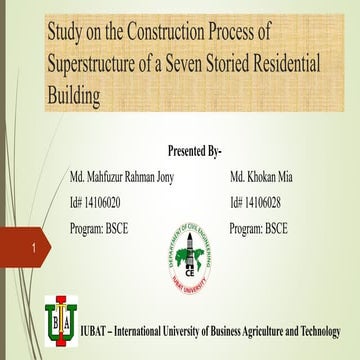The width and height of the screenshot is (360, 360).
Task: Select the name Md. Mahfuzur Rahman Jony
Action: [114, 177]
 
